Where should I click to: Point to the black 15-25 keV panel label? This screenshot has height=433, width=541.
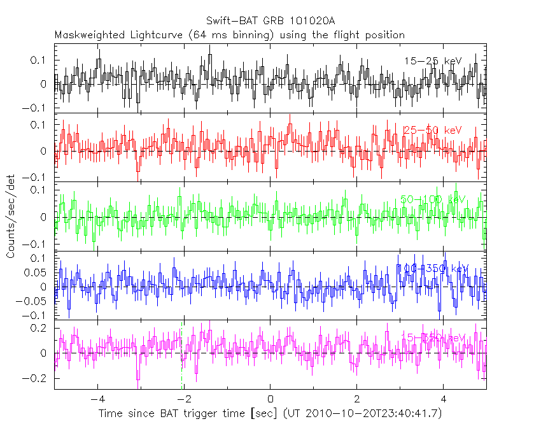point(432,61)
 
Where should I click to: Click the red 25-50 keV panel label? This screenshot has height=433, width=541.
point(432,130)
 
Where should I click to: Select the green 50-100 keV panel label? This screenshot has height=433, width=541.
point(433,199)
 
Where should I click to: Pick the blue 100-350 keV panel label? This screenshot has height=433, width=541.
point(433,269)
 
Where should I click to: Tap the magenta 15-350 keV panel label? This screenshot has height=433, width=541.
point(433,337)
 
